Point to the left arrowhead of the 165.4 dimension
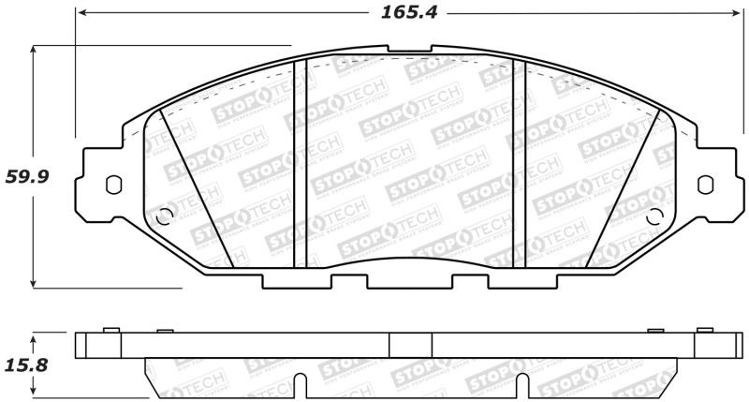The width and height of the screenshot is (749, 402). [x=80, y=13]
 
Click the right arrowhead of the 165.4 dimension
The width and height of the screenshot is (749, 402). [x=735, y=13]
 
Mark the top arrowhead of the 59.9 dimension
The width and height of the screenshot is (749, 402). [x=35, y=49]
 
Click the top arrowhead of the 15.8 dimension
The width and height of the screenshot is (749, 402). [x=35, y=335]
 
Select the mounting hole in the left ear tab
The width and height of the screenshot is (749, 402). [x=112, y=183]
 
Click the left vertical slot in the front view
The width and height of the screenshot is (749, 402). [x=301, y=164]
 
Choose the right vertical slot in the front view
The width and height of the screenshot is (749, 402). [x=520, y=164]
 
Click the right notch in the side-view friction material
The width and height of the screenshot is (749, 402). [x=516, y=384]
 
